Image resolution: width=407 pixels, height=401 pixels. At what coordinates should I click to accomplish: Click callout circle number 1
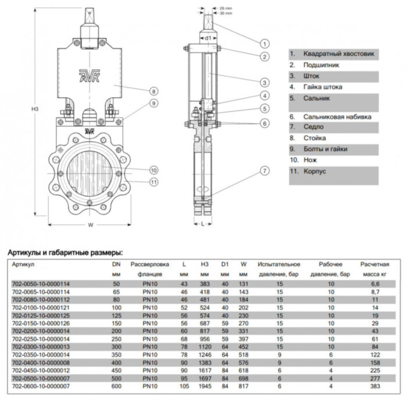[264, 43]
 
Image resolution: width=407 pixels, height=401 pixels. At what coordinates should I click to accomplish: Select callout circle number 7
[264, 171]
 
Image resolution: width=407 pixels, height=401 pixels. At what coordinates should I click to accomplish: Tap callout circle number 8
[153, 91]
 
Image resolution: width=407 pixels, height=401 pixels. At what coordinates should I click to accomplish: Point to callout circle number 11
[153, 182]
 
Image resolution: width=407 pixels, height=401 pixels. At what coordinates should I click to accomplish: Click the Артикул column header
[23, 264]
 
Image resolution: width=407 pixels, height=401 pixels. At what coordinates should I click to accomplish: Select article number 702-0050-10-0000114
[41, 283]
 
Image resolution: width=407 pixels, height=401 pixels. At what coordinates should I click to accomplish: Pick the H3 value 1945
[205, 386]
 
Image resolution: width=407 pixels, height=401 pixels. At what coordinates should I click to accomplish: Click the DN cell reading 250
[116, 338]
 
